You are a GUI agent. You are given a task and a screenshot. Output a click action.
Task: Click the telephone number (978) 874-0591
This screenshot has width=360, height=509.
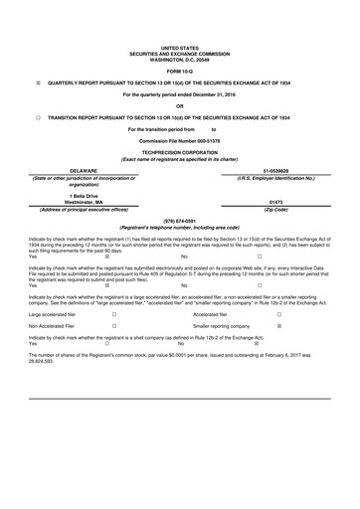tap(180, 222)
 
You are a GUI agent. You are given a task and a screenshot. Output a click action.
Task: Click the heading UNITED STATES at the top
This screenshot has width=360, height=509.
tap(180, 47)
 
